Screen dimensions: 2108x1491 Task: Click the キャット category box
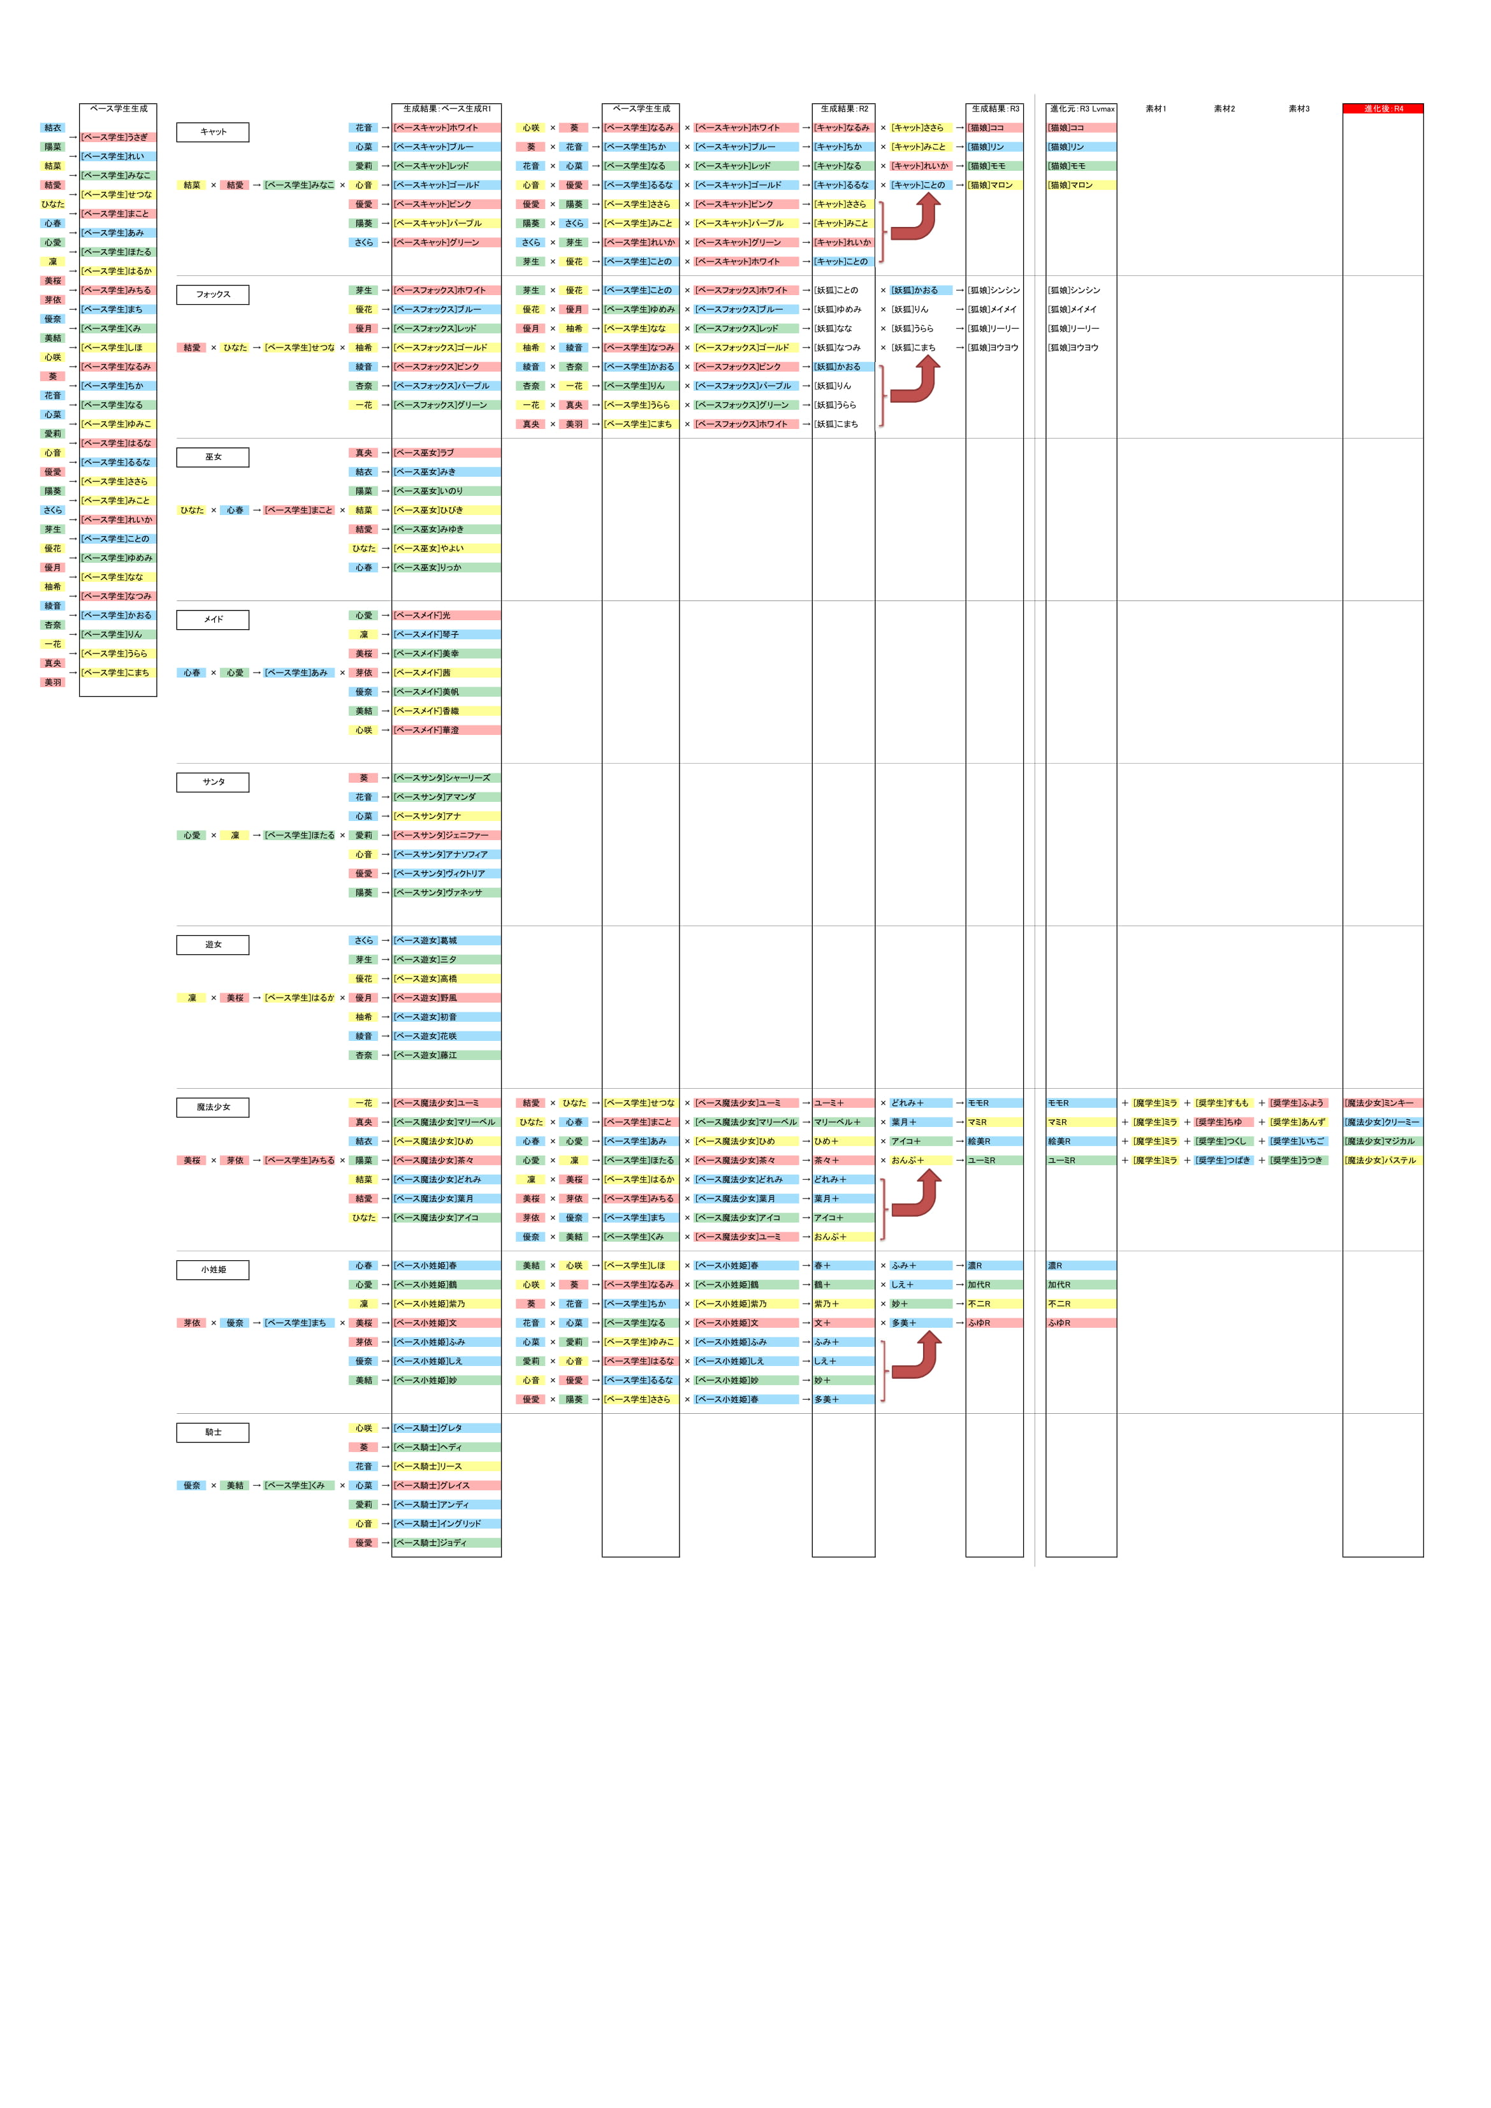[212, 132]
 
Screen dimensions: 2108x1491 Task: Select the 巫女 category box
[212, 457]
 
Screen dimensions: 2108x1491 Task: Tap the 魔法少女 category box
[212, 1107]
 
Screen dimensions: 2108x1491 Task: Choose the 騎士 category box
[212, 1432]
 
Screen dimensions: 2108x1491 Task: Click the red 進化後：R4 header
[1382, 108]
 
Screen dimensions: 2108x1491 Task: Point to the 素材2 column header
[1224, 108]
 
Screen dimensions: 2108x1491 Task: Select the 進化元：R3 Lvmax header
[1082, 108]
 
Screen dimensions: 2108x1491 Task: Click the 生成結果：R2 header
[844, 108]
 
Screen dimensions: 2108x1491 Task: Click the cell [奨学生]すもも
[1222, 1103]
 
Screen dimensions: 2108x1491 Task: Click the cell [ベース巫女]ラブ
[446, 453]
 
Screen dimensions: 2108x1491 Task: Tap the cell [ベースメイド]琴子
[446, 634]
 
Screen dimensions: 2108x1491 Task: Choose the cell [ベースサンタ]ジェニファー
[446, 836]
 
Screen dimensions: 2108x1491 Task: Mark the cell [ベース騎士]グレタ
[446, 1428]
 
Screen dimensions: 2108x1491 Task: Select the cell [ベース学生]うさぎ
[117, 138]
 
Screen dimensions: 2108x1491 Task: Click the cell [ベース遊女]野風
[446, 998]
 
